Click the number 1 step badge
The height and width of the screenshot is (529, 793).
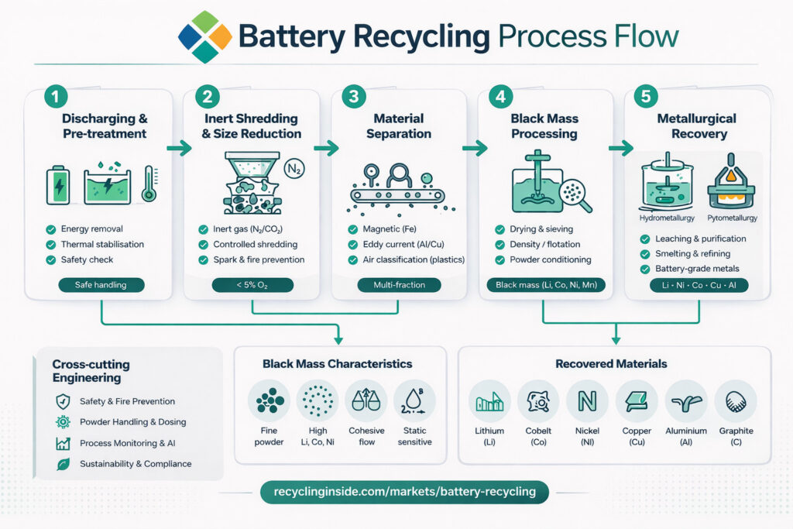click(57, 97)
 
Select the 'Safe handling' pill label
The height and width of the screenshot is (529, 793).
click(101, 285)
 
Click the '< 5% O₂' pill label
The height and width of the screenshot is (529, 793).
click(252, 285)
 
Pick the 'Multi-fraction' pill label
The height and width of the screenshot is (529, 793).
click(399, 285)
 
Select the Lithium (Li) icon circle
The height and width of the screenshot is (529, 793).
click(489, 400)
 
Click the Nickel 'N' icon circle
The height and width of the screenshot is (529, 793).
click(587, 400)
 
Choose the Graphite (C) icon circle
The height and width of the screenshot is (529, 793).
click(735, 400)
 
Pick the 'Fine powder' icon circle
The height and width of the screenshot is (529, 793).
click(269, 400)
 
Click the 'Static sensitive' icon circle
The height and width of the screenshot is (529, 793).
click(414, 400)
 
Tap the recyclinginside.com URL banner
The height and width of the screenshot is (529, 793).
click(399, 493)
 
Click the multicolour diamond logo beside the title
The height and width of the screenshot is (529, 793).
click(204, 36)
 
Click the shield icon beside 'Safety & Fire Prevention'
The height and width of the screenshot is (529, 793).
click(63, 401)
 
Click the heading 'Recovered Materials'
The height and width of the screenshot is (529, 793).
click(611, 363)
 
